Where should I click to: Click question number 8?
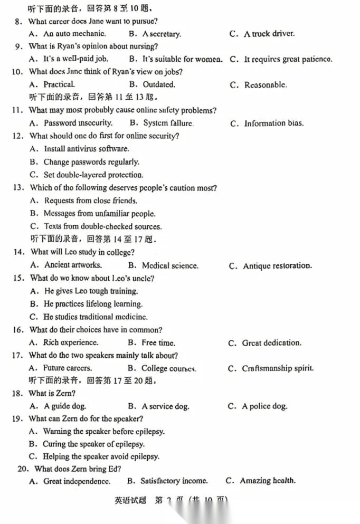click(x=18, y=22)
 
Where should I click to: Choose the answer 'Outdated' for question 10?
click(x=159, y=84)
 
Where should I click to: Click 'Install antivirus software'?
click(x=87, y=149)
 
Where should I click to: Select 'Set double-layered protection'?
click(x=93, y=175)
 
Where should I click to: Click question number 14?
click(x=18, y=252)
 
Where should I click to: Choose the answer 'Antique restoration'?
click(x=277, y=266)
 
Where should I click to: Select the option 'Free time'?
click(x=158, y=343)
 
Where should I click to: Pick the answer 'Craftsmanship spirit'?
click(x=278, y=368)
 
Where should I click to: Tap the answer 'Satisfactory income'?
click(x=174, y=481)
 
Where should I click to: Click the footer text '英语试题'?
click(x=130, y=500)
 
